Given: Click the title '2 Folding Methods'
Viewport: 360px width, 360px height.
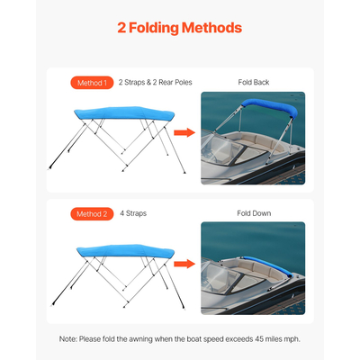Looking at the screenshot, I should [180, 28].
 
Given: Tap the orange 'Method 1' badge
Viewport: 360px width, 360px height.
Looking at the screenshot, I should [91, 83].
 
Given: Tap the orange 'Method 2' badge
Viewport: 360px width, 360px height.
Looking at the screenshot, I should [91, 214].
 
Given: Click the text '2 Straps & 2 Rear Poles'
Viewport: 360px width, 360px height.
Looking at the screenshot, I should [154, 83].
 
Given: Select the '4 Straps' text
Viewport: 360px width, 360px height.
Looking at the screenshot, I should [132, 214].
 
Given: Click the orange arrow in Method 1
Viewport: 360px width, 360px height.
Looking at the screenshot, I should [184, 133].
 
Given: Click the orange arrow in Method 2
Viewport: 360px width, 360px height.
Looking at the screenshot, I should [184, 265].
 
